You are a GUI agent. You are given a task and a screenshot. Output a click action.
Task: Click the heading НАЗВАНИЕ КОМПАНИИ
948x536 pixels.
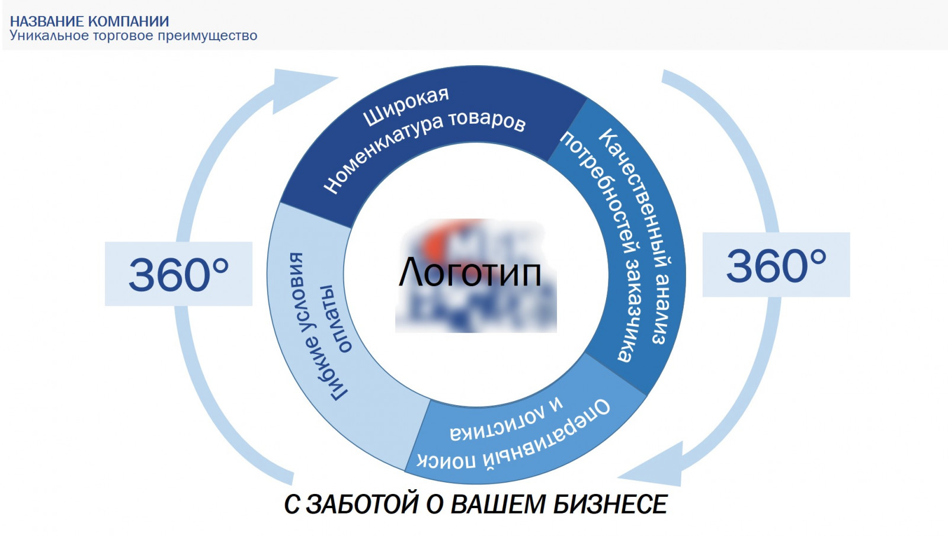click(89, 21)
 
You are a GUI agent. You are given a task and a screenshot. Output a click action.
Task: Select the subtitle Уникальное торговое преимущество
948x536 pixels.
click(133, 36)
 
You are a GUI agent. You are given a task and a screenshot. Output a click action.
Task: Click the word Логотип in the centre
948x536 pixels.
click(470, 273)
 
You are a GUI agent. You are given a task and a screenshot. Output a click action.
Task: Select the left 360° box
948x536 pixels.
click(178, 274)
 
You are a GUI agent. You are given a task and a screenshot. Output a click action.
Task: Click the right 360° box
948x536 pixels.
click(776, 264)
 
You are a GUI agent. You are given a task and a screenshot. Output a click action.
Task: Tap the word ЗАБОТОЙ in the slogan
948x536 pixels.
click(362, 504)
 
